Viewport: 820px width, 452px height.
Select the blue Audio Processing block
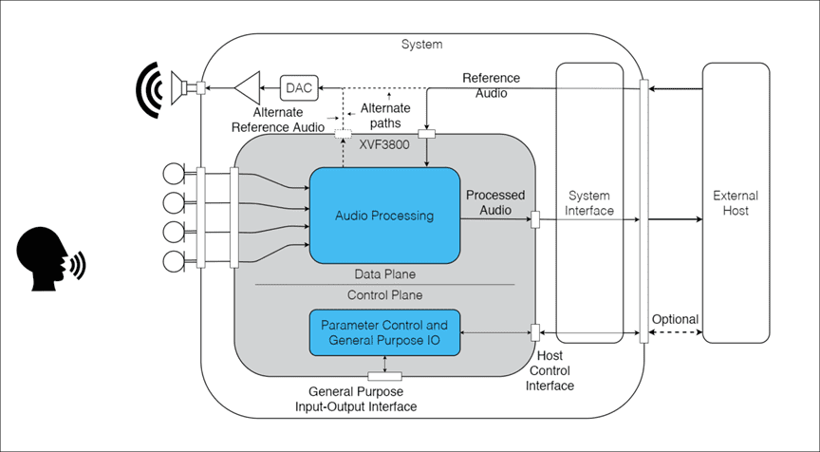[x=384, y=216]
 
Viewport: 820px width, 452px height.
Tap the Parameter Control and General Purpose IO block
[x=384, y=332]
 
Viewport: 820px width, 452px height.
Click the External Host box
[x=736, y=202]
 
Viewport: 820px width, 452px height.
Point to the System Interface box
[x=589, y=202]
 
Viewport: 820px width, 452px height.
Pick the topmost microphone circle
[x=174, y=174]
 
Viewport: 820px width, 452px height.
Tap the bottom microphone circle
[x=174, y=260]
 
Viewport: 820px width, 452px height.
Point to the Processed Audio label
[x=495, y=202]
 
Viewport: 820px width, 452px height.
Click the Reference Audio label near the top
[x=490, y=85]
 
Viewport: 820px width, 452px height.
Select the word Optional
[x=676, y=320]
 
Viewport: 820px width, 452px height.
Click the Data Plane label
[x=383, y=273]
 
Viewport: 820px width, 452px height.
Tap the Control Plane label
[x=383, y=294]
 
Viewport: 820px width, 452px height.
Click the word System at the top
[x=421, y=45]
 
